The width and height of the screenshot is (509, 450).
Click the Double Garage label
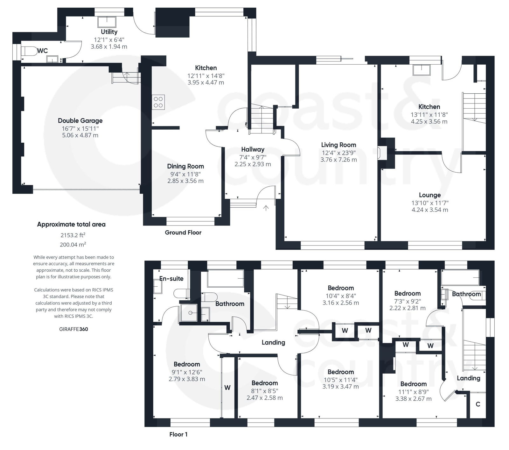pyautogui.click(x=80, y=121)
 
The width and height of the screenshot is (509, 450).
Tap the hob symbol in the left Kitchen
pyautogui.click(x=158, y=102)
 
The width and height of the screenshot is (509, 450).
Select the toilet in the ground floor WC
pyautogui.click(x=29, y=51)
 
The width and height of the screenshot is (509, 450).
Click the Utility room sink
pyautogui.click(x=107, y=22)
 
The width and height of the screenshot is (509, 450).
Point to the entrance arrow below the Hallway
pyautogui.click(x=266, y=208)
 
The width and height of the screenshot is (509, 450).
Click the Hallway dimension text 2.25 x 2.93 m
pyautogui.click(x=253, y=164)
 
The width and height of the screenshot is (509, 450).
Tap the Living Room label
pyautogui.click(x=338, y=145)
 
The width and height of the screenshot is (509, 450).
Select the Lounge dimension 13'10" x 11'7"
pyautogui.click(x=429, y=203)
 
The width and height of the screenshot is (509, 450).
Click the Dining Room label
pyautogui.click(x=185, y=166)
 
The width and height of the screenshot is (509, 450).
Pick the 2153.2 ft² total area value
pyautogui.click(x=73, y=235)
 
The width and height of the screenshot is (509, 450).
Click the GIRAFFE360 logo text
pyautogui.click(x=73, y=329)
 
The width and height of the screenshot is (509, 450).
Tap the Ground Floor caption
pyautogui.click(x=183, y=232)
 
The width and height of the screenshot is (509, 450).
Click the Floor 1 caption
pyautogui.click(x=178, y=434)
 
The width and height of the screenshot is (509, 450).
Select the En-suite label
pyautogui.click(x=171, y=279)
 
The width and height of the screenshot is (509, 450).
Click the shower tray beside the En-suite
pyautogui.click(x=189, y=313)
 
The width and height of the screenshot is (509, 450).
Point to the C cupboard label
pyautogui.click(x=478, y=404)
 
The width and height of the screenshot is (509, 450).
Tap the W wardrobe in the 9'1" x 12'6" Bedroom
pyautogui.click(x=227, y=388)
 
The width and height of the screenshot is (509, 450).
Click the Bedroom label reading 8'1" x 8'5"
pyautogui.click(x=264, y=383)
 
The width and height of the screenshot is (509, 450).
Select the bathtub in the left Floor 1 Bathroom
pyautogui.click(x=225, y=279)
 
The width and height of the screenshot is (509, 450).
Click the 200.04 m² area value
pyautogui.click(x=73, y=245)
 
